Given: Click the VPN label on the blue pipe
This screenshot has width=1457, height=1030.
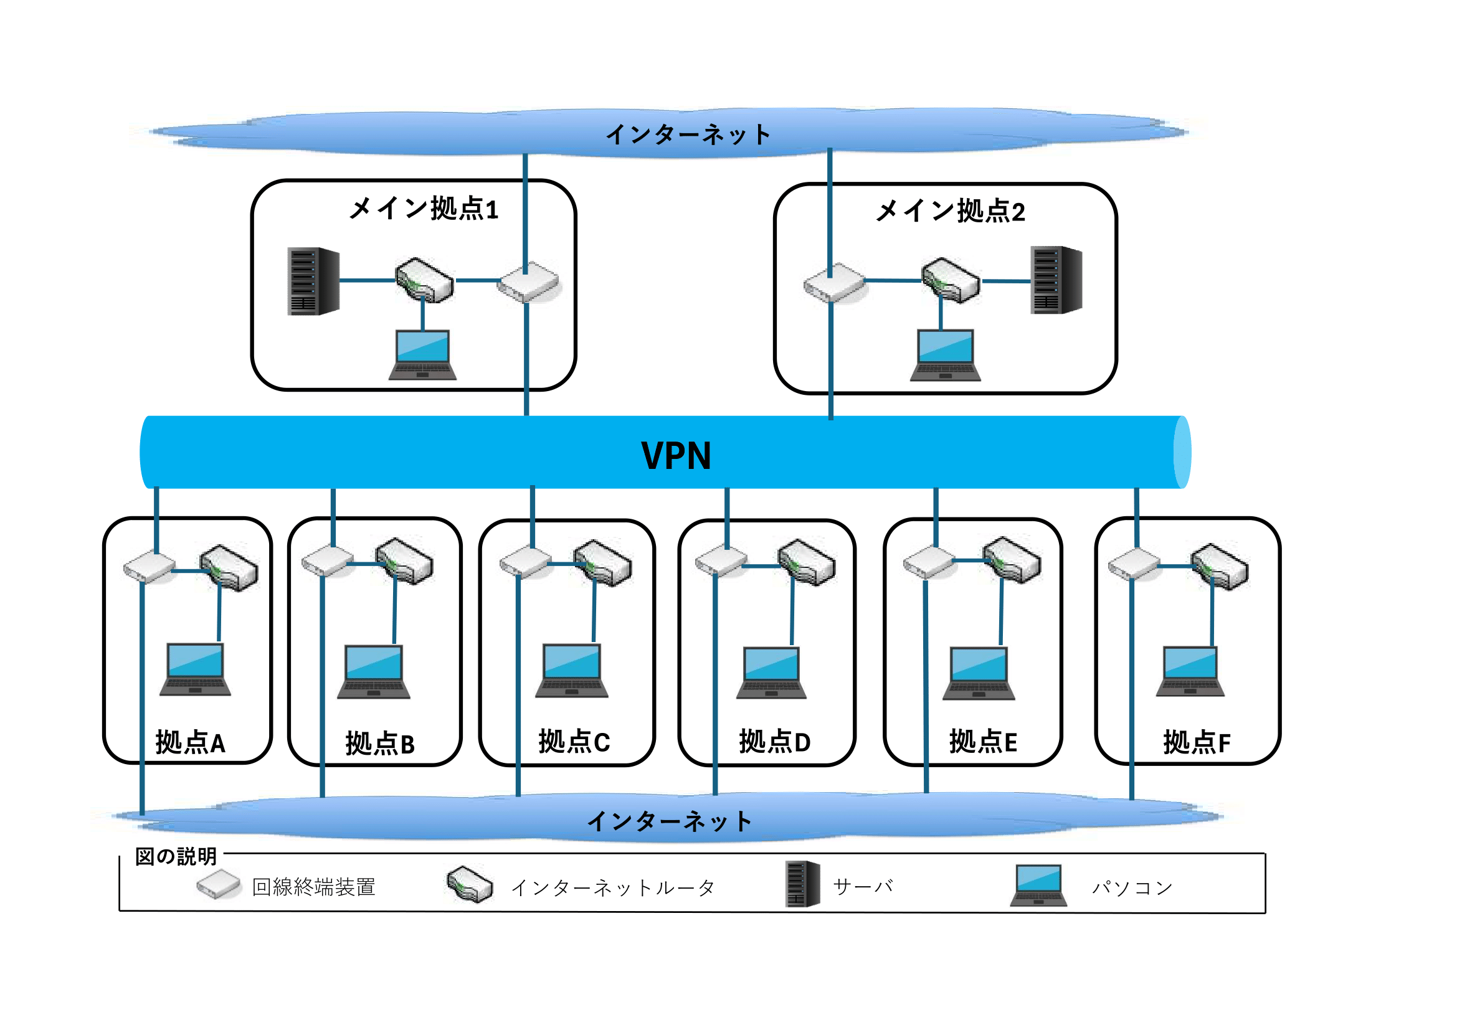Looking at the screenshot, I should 676,455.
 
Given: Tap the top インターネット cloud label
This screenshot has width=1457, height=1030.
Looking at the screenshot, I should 688,135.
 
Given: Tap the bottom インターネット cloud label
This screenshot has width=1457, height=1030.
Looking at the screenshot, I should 670,821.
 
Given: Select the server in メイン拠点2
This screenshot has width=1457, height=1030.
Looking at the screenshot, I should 1056,280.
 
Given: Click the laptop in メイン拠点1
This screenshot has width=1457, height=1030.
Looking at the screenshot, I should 422,355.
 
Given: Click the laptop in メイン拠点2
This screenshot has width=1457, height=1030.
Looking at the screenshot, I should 946,355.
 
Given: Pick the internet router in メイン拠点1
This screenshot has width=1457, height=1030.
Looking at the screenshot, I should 424,280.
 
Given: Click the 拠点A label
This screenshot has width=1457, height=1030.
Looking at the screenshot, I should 191,743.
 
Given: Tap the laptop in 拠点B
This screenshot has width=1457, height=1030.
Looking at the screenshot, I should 374,673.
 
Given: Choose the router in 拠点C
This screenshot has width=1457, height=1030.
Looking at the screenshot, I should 603,563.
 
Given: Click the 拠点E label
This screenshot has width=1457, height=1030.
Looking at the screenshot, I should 983,742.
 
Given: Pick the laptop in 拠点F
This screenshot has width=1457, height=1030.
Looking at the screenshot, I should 1190,672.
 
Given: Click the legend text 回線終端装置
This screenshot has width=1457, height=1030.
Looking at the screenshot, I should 313,887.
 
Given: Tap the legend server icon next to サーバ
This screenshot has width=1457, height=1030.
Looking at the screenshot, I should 803,884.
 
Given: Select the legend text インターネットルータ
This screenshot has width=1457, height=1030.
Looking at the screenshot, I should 613,888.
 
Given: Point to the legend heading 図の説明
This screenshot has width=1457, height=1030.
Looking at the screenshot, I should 176,857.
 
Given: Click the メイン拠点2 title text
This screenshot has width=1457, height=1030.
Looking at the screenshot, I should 950,210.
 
